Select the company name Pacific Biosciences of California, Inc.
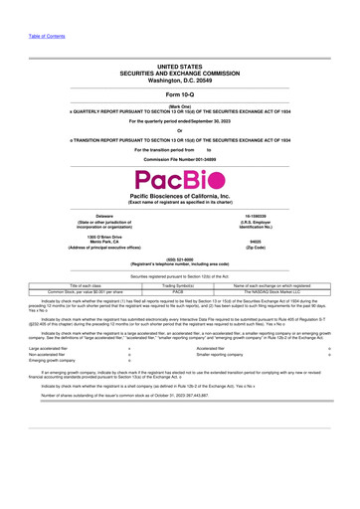point(179,198)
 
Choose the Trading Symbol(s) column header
point(179,285)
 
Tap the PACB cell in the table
point(179,292)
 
